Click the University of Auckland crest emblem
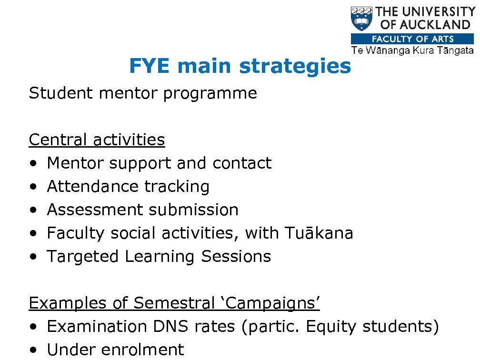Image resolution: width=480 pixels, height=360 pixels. coord(361,19)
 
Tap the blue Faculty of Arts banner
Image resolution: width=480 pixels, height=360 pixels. coord(412,39)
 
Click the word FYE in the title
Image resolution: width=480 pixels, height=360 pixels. coord(149,66)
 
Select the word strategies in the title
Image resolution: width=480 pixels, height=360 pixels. coord(295,67)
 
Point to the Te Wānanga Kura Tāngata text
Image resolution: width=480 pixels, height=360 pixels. coord(412,50)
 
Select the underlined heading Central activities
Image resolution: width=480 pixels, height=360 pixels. coord(97,140)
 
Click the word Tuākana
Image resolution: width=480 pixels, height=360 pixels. coord(319,233)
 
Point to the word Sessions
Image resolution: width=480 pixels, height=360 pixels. coord(236,257)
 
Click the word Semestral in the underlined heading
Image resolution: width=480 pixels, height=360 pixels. coord(174,303)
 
